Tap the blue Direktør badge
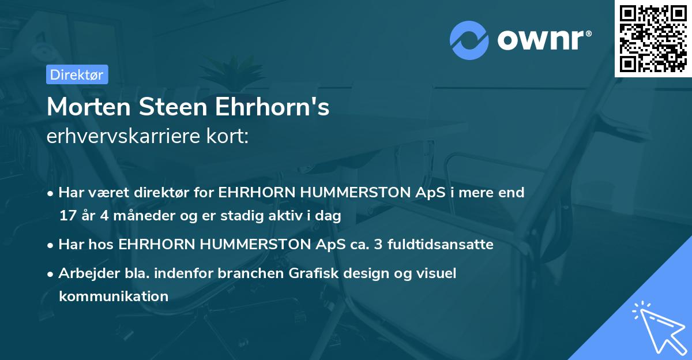[x=77, y=74]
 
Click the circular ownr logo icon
[x=469, y=40]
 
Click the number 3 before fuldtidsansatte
[x=378, y=245]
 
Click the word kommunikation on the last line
[x=114, y=297]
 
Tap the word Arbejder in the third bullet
[x=86, y=273]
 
